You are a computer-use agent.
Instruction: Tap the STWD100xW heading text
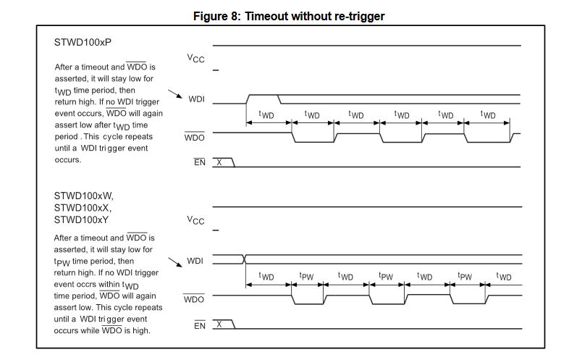[84, 196]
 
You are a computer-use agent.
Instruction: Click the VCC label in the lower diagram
[196, 219]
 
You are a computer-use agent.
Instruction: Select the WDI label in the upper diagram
[196, 99]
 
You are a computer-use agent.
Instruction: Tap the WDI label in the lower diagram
[195, 259]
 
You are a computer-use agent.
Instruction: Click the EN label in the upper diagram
[200, 163]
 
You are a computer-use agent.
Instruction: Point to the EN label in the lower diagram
[200, 326]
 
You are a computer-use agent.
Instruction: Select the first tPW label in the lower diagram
[306, 277]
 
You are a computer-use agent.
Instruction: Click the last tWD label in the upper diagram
[489, 115]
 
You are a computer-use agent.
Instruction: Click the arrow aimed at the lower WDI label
[174, 261]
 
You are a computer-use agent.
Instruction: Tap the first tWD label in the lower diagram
[266, 277]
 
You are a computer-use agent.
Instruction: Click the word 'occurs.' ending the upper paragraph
[68, 159]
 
